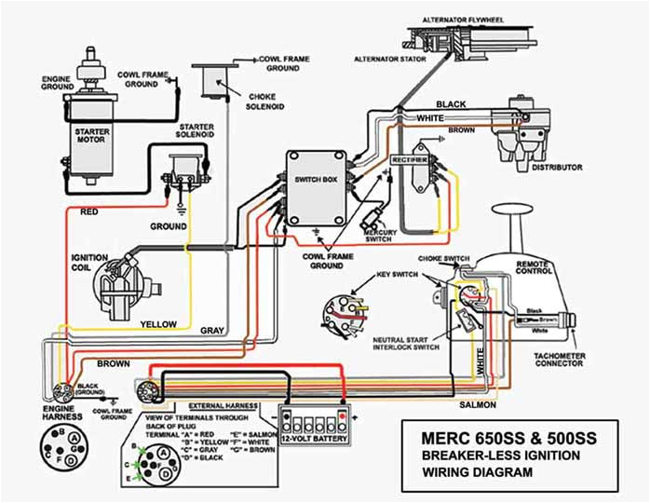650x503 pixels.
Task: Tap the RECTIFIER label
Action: pos(409,159)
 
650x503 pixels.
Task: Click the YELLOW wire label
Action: pos(158,324)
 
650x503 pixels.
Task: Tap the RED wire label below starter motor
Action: pos(90,212)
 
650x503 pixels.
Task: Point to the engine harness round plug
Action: pos(65,392)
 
